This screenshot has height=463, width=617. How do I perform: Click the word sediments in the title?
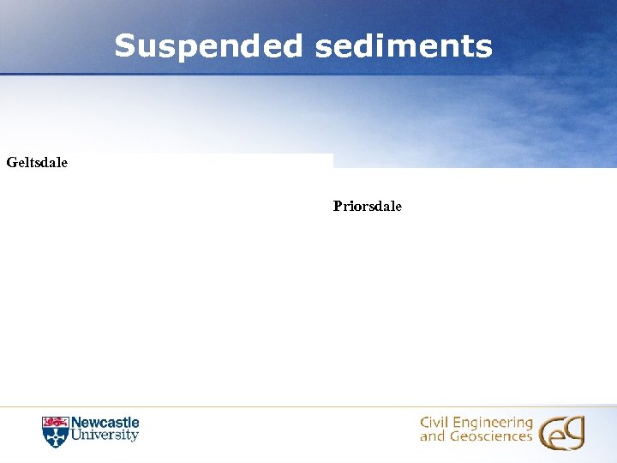point(404,46)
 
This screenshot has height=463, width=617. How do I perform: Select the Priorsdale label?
point(368,206)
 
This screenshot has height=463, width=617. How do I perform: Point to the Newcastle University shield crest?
point(55,431)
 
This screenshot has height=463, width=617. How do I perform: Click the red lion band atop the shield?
point(55,422)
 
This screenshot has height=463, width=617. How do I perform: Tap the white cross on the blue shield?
point(55,436)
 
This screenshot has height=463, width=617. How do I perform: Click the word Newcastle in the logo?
point(105,423)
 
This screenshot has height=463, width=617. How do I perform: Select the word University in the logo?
point(105,436)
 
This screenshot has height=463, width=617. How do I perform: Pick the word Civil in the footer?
point(434,423)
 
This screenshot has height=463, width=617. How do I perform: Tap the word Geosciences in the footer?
point(489,436)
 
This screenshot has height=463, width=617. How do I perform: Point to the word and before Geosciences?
point(432,436)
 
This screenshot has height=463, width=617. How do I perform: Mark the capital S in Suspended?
point(125,46)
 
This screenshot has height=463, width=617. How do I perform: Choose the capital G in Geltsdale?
point(11,161)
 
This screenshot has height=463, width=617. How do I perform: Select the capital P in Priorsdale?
point(338,206)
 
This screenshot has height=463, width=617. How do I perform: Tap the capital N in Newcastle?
point(75,423)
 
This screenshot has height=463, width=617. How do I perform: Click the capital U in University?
point(75,436)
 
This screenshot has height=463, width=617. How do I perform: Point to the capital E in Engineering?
point(458,423)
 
